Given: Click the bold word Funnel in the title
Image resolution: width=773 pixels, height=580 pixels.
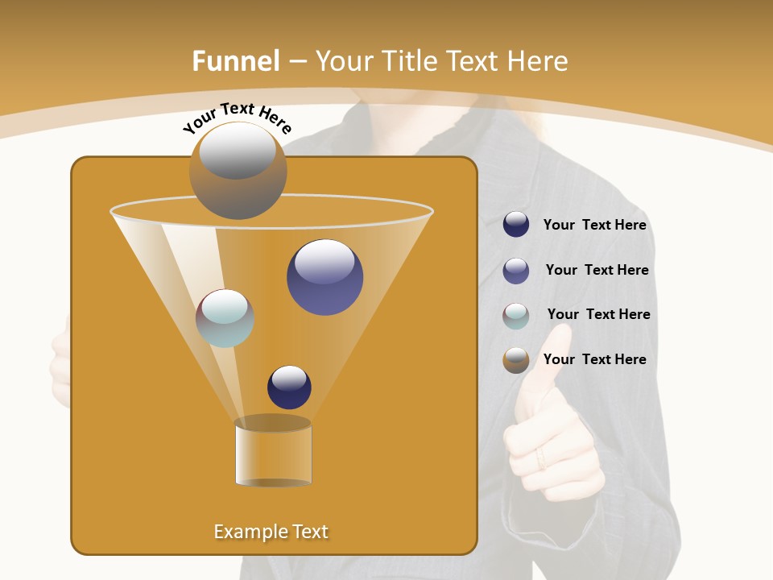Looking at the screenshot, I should pyautogui.click(x=235, y=61).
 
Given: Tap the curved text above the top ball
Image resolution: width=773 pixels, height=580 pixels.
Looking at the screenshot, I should pyautogui.click(x=237, y=118).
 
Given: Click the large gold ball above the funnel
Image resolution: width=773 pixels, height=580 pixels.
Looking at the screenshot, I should pyautogui.click(x=238, y=171).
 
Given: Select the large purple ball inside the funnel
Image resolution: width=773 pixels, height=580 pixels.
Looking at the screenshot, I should pyautogui.click(x=324, y=277).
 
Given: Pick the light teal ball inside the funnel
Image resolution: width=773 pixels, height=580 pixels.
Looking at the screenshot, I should pyautogui.click(x=225, y=318).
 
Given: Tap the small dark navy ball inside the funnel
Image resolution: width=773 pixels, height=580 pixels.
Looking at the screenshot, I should pyautogui.click(x=289, y=387).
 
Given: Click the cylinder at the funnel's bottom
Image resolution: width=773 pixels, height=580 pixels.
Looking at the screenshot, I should pyautogui.click(x=273, y=453).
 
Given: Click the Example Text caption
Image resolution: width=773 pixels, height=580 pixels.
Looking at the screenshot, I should pyautogui.click(x=271, y=532).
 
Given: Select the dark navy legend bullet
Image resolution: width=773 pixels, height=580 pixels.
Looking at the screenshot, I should pyautogui.click(x=516, y=224).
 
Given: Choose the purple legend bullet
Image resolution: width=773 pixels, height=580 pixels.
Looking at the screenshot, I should pyautogui.click(x=516, y=271).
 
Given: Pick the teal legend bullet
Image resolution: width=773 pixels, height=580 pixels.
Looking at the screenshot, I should pyautogui.click(x=516, y=316).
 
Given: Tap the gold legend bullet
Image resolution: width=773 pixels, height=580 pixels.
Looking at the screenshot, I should pyautogui.click(x=516, y=360).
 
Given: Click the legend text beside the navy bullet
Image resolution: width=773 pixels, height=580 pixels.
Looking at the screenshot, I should pyautogui.click(x=594, y=225).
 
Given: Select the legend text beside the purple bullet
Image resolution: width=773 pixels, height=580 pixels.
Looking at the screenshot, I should pyautogui.click(x=597, y=270).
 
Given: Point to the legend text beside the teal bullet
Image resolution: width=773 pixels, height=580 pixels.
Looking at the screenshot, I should pyautogui.click(x=598, y=314).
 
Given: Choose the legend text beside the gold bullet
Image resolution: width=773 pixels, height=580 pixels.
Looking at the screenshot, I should pyautogui.click(x=594, y=359).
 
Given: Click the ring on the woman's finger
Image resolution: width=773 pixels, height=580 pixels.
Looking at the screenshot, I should pyautogui.click(x=541, y=458).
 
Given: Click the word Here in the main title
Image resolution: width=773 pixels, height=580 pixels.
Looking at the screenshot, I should pyautogui.click(x=535, y=61).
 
